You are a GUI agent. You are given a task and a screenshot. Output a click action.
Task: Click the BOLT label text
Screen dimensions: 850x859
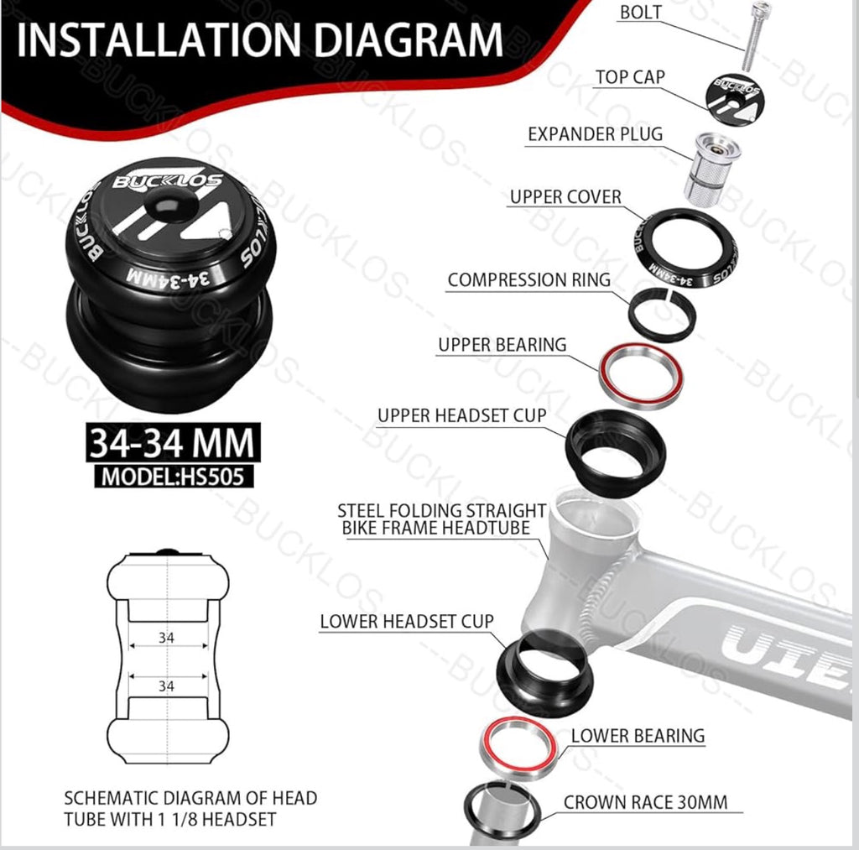point(640,13)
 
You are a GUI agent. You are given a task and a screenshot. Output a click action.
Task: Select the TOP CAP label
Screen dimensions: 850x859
point(630,77)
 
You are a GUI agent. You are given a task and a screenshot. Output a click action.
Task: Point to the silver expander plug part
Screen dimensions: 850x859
point(712,169)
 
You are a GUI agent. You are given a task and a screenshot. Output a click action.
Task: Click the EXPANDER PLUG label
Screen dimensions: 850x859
point(595,134)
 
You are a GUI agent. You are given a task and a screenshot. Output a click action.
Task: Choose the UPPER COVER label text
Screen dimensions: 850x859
point(565,197)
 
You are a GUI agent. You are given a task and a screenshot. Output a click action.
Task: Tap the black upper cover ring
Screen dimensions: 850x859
point(685,248)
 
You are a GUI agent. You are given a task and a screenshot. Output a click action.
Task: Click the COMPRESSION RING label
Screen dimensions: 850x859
point(528,280)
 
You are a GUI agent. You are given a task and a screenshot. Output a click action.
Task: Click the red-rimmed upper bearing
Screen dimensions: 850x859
point(641,375)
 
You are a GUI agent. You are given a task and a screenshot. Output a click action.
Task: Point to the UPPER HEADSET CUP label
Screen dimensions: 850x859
point(461,415)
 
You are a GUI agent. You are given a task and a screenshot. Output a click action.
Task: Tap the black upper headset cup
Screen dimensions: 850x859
point(615,453)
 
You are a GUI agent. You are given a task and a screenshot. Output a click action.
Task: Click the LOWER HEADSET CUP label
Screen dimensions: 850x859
point(407,622)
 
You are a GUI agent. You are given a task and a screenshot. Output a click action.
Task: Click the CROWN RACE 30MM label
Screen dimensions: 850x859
point(645,802)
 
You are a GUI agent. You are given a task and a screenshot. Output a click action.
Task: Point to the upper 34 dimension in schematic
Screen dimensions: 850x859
point(166,638)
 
